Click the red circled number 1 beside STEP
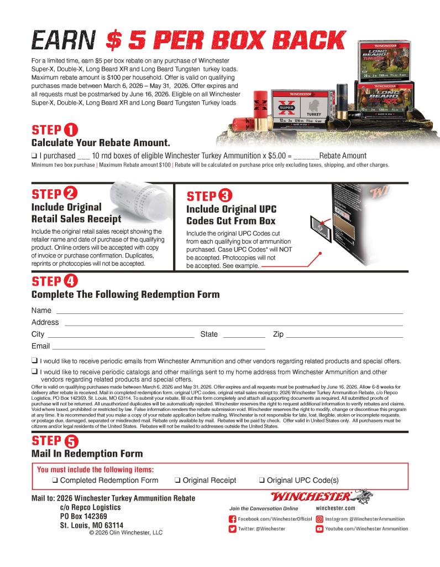pos(70,131)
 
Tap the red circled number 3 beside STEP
pos(225,196)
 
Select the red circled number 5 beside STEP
pos(71,441)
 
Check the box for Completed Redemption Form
pos(55,481)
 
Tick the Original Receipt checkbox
pos(178,481)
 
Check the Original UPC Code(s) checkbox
pos(262,481)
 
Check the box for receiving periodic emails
pos(35,361)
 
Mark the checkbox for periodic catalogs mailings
pos(35,372)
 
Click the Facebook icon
pos(233,519)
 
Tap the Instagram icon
pos(319,519)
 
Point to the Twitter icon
pos(233,529)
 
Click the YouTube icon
pos(319,529)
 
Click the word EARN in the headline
pos(65,40)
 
